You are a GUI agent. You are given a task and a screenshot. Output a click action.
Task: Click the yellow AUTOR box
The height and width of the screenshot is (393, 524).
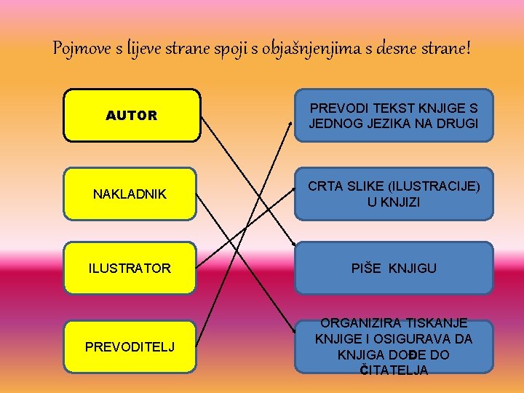(x=131, y=115)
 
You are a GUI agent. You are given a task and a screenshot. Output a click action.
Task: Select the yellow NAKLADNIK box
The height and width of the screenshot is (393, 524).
(x=130, y=194)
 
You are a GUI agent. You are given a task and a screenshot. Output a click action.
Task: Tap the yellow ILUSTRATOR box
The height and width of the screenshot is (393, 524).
(x=130, y=269)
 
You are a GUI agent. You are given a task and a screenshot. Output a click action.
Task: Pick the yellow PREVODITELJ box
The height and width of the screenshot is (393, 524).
(x=130, y=346)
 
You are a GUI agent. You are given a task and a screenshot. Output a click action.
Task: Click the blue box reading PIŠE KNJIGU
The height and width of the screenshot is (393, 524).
(x=394, y=269)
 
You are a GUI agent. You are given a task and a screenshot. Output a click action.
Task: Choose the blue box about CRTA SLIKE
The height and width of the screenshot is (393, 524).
(x=394, y=194)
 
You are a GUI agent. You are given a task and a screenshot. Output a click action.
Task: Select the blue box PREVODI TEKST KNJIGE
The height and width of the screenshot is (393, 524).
(x=394, y=115)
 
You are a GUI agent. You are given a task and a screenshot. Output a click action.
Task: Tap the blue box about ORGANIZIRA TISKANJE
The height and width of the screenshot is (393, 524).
(x=394, y=346)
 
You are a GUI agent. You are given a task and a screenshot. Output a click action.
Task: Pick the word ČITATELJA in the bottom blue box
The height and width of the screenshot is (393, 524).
(x=394, y=370)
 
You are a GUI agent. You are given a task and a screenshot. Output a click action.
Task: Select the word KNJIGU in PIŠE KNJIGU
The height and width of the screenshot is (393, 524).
(x=413, y=269)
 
